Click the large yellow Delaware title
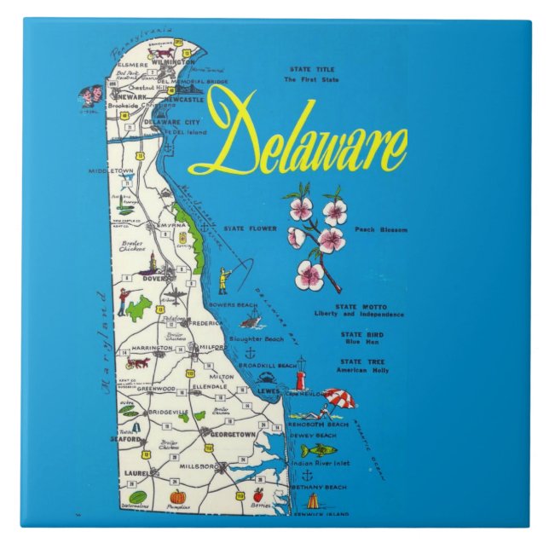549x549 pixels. click(x=298, y=136)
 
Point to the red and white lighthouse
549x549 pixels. click(x=300, y=376)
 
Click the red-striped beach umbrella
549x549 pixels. click(x=338, y=398)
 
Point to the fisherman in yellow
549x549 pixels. click(x=224, y=280)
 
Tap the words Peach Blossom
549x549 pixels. click(x=381, y=229)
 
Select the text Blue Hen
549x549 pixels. click(x=361, y=342)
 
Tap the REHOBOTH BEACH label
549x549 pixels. click(x=318, y=424)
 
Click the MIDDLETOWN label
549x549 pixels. click(x=112, y=170)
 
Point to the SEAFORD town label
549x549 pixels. click(x=124, y=440)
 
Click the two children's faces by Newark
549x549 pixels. click(x=90, y=95)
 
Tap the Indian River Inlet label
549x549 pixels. click(x=320, y=463)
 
